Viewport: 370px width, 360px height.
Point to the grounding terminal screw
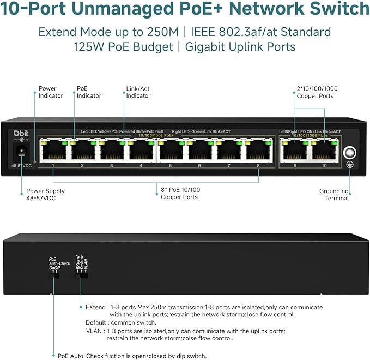coord(349,153)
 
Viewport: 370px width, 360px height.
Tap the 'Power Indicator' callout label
coord(51,92)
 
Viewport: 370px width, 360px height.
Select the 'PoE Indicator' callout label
coord(88,92)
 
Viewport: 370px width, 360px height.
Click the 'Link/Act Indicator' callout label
coord(138,92)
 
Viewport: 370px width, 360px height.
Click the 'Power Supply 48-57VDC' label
coord(45,195)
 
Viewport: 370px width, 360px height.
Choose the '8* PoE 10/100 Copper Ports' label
coord(179,193)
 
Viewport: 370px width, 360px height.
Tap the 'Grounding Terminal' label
coord(333,195)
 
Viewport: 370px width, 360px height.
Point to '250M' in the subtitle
coord(159,32)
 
